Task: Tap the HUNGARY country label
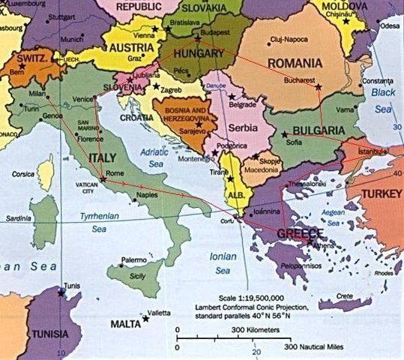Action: click(x=197, y=55)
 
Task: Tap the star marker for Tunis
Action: click(x=59, y=292)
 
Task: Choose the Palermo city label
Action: click(x=134, y=259)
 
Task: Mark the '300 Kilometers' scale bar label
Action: click(x=252, y=329)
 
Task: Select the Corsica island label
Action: click(x=23, y=173)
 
